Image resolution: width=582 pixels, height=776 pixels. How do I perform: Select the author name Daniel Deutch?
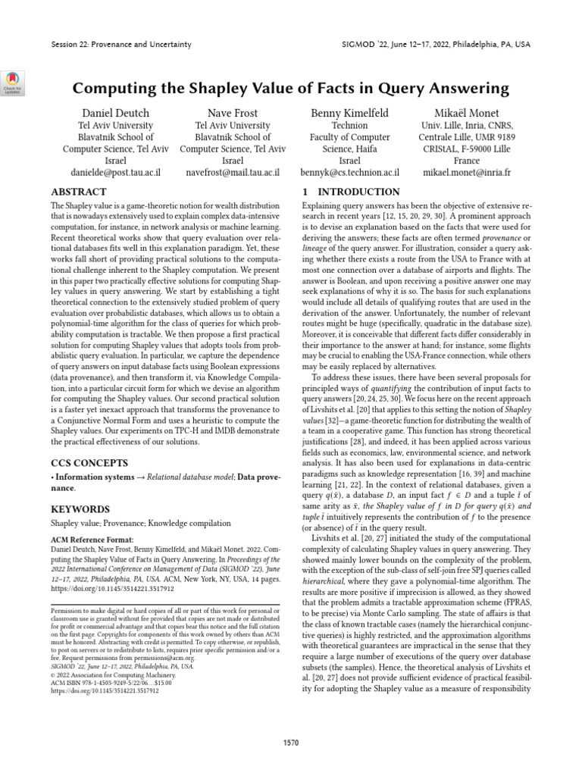[x=117, y=114]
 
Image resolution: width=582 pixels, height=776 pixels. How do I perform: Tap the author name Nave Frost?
[x=233, y=114]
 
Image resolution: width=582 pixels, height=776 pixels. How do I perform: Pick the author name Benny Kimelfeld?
[x=349, y=114]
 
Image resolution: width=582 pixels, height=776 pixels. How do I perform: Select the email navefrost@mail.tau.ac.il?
[x=233, y=173]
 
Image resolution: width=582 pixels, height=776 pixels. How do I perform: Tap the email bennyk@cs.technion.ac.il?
[x=349, y=173]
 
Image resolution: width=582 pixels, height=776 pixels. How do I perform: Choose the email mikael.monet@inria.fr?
[x=466, y=173]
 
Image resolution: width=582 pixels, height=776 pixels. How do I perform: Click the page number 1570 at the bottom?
[x=291, y=741]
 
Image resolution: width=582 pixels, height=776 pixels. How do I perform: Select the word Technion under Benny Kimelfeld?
[x=349, y=126]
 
